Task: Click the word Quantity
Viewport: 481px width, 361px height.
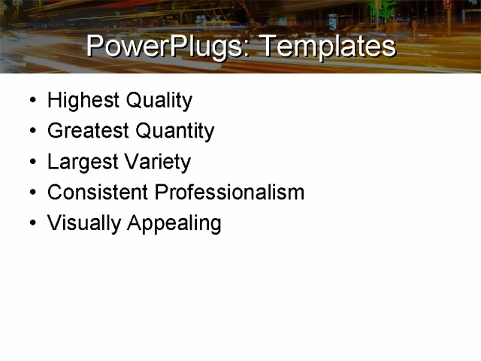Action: (175, 132)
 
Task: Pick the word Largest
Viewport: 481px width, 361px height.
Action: (79, 162)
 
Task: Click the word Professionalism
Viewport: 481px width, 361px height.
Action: (229, 193)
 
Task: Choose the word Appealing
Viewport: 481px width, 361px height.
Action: (174, 223)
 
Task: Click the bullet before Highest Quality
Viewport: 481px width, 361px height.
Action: (32, 101)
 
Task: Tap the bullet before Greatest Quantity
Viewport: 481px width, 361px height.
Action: (32, 132)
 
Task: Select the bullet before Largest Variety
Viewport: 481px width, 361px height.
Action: (32, 162)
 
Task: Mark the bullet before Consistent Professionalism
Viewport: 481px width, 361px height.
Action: (32, 193)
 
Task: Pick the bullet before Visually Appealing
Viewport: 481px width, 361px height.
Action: (32, 223)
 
